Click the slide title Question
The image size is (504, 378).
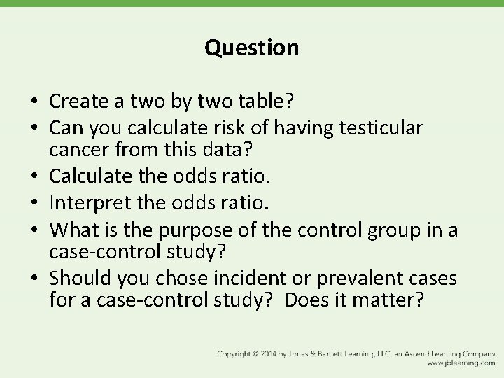[x=251, y=48]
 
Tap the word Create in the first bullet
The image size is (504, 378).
[x=78, y=102]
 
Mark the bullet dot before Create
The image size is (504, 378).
[x=34, y=103]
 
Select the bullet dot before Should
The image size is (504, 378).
[x=34, y=279]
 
